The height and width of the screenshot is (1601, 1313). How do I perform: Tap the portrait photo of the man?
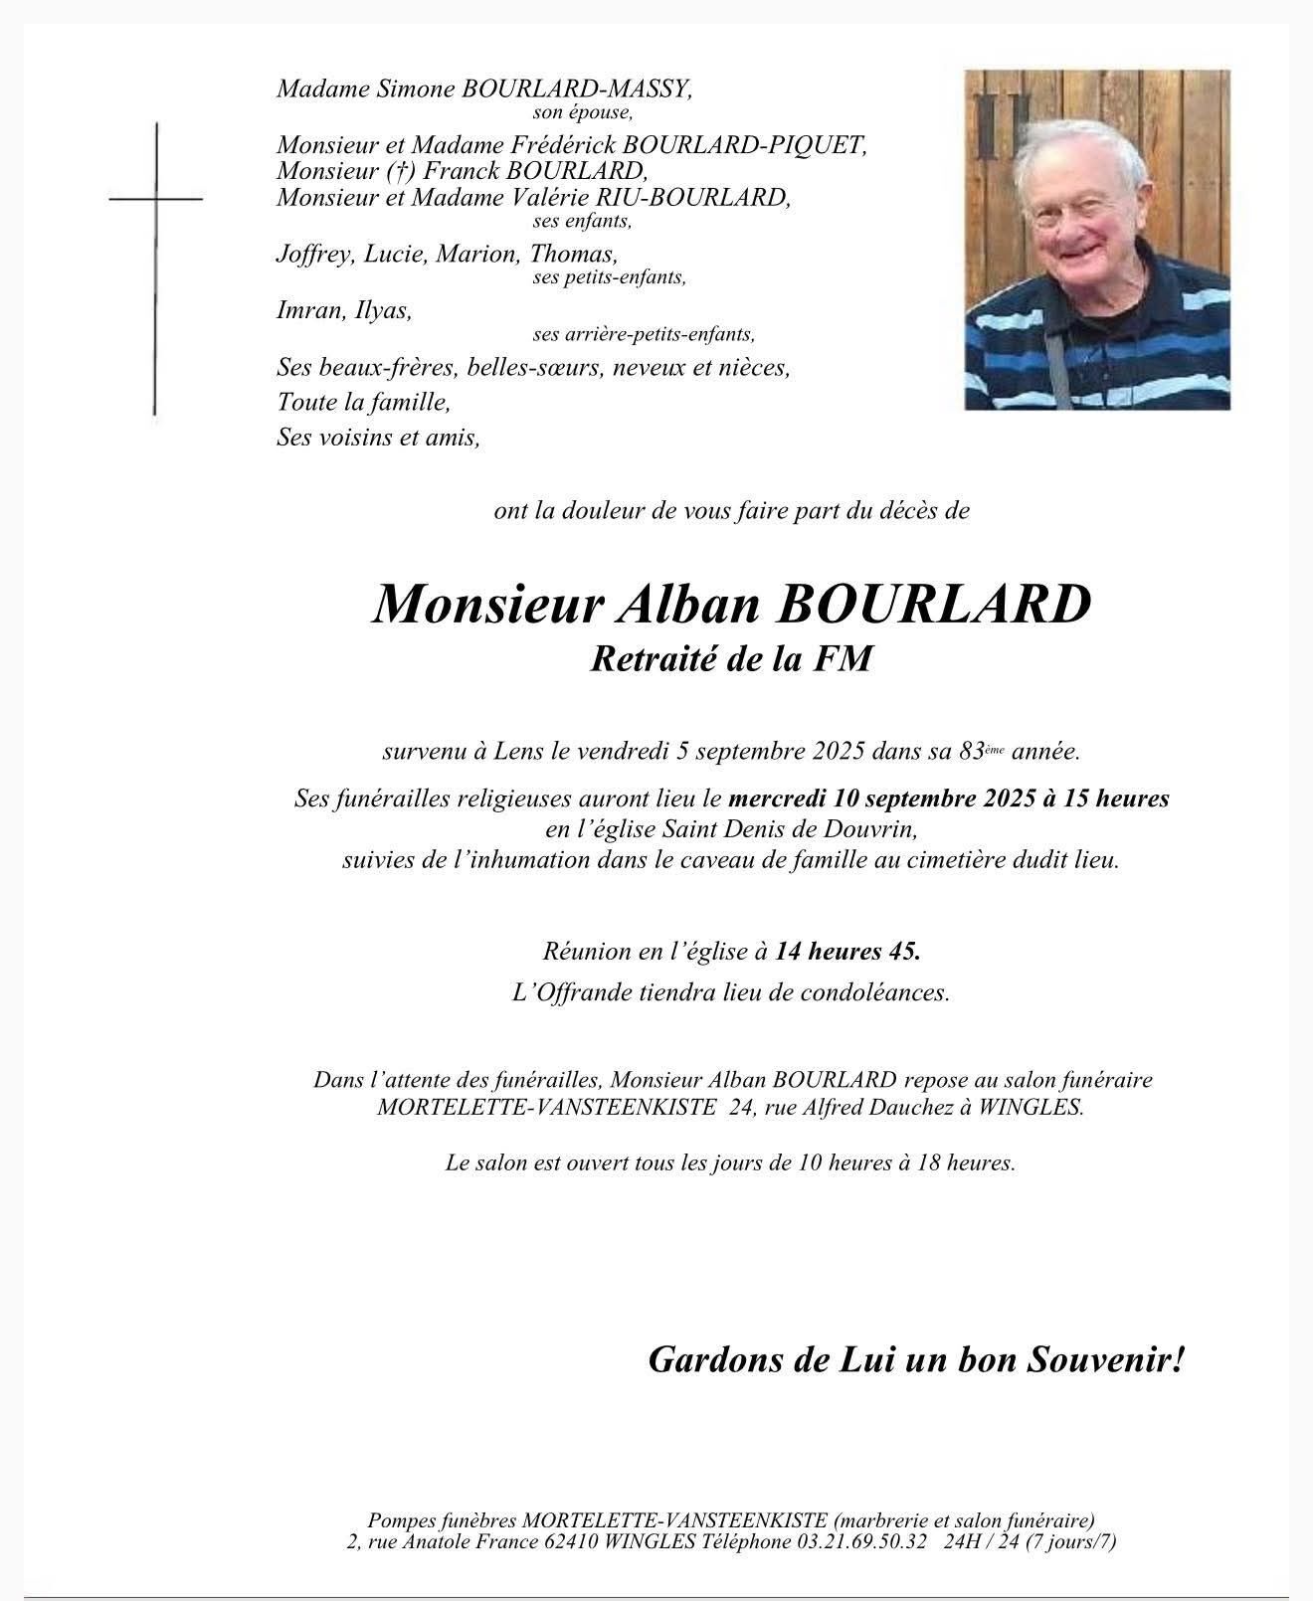click(x=1097, y=240)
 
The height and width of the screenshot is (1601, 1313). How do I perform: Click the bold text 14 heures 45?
click(x=847, y=951)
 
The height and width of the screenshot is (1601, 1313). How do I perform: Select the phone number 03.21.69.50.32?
click(x=861, y=1542)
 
